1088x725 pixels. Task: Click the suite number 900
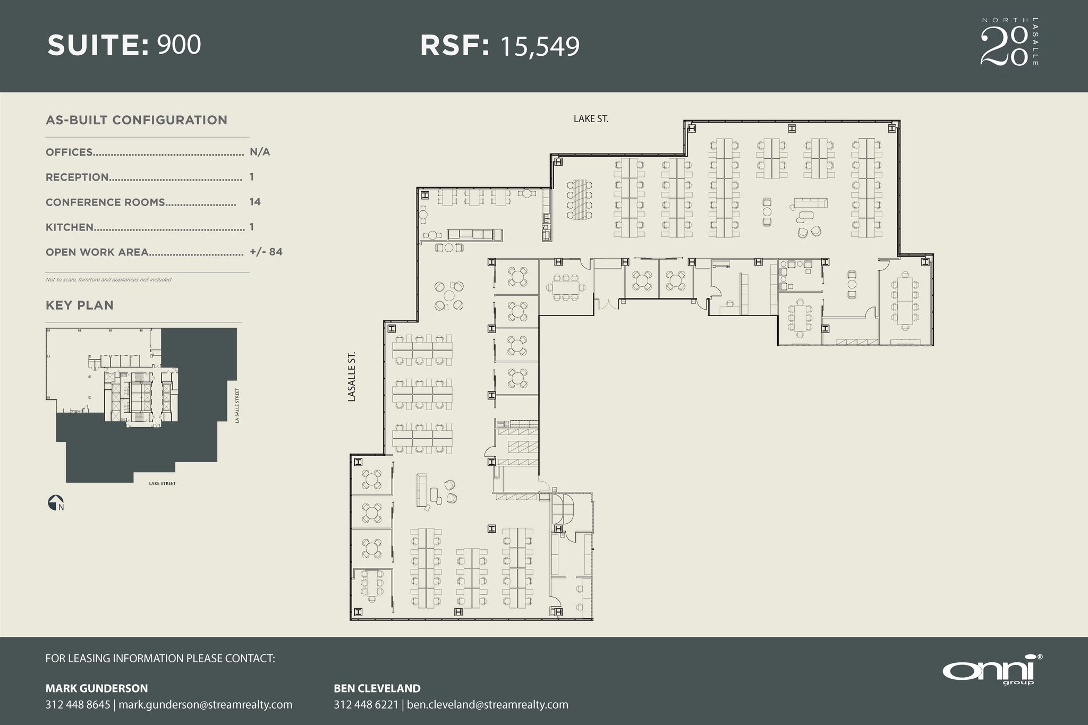pos(179,45)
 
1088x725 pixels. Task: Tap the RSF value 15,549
pos(539,47)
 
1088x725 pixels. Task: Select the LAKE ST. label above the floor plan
pos(591,119)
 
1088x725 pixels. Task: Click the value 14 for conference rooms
pos(255,202)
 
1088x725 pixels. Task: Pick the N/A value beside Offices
pos(260,152)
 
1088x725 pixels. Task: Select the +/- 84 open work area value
pos(266,252)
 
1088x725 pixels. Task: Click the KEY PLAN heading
pos(80,305)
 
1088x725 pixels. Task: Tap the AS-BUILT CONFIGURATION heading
pos(137,120)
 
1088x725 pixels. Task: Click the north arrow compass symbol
pos(56,502)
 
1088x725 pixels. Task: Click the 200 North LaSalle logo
pos(1008,42)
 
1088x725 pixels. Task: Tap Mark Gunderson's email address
pos(205,704)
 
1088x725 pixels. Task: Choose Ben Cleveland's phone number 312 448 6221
pos(365,704)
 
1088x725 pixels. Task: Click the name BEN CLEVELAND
pos(377,688)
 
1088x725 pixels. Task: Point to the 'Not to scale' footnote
pos(108,279)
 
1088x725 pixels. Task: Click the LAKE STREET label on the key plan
pos(162,483)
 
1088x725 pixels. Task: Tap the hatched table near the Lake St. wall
pos(579,200)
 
